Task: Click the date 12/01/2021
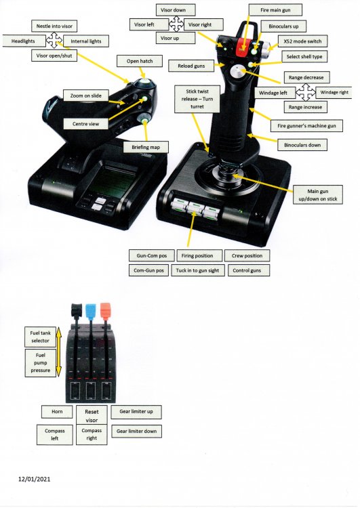point(34,479)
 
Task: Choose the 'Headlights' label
point(23,41)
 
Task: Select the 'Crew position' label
point(247,255)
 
